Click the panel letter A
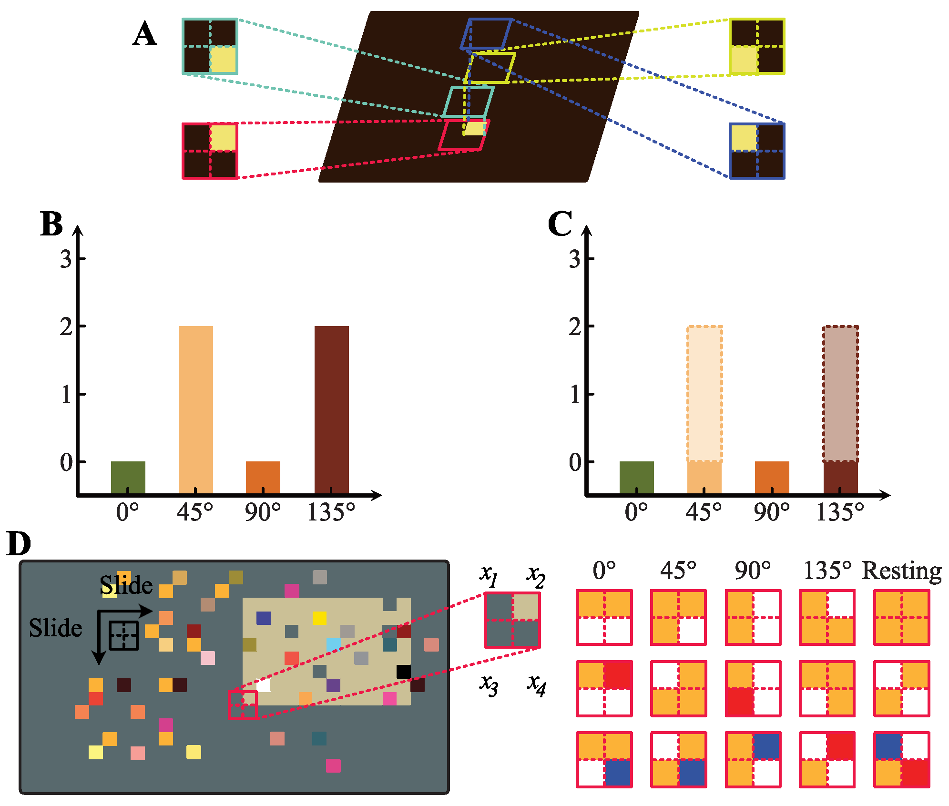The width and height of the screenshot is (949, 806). tap(144, 35)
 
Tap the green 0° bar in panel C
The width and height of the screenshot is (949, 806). tap(636, 477)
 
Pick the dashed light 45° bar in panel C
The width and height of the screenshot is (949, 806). tap(704, 394)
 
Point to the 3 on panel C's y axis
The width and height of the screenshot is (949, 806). tap(575, 259)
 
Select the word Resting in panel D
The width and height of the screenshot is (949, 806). tap(902, 571)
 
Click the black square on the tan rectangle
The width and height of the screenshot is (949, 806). tap(403, 672)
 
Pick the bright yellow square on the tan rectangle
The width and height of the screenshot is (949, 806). tap(319, 618)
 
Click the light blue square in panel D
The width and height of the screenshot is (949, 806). tap(334, 645)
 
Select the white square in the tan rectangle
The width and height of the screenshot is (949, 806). tap(263, 685)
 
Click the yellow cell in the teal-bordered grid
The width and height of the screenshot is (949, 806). tap(223, 60)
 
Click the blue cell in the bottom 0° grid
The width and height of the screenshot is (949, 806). tap(618, 773)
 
